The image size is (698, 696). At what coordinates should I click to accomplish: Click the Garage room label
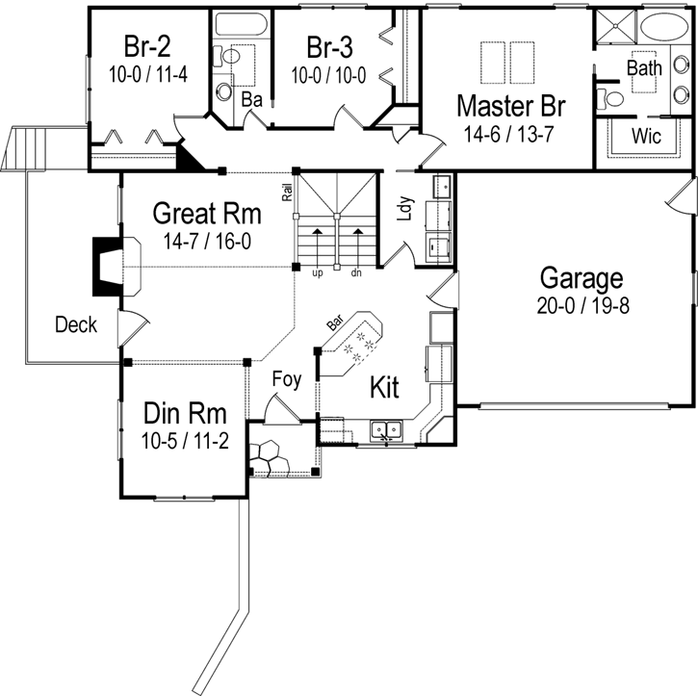581,279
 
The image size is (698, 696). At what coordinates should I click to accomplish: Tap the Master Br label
509,104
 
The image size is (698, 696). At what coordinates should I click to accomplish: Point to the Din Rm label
185,414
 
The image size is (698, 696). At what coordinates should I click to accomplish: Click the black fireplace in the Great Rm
101,267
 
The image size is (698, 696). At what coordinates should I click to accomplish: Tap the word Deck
75,325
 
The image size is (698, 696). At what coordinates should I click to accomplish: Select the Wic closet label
646,137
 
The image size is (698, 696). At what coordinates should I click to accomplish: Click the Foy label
286,379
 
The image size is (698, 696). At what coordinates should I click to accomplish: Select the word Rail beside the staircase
287,192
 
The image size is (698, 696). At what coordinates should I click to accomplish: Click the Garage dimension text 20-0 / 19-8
581,306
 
